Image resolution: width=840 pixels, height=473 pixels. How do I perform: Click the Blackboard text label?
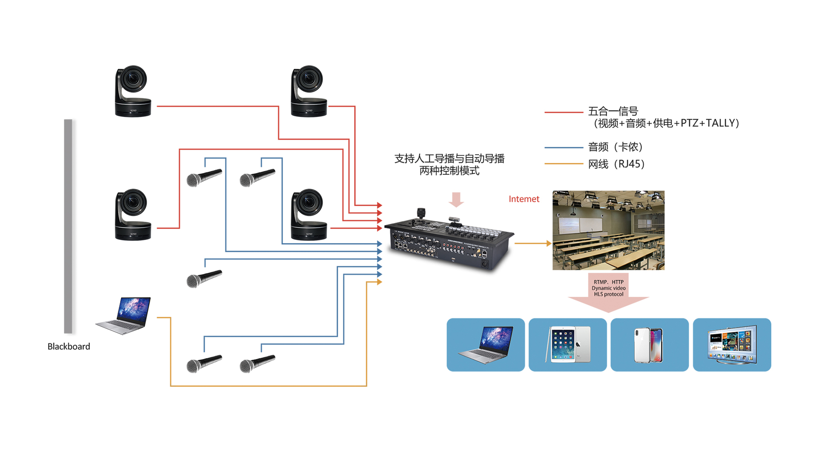(69, 346)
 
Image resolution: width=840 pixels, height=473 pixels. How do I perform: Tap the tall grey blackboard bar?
(68, 226)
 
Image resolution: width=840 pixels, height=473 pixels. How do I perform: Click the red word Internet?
(524, 199)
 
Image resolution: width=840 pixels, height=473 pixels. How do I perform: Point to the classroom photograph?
(608, 230)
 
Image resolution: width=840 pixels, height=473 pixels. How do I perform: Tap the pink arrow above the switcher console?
(456, 199)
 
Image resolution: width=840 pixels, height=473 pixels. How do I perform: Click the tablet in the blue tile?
(567, 345)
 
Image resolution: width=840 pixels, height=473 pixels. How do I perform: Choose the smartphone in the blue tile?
(649, 345)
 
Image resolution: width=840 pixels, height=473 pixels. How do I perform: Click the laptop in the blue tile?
(486, 345)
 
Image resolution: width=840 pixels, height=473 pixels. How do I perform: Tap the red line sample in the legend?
(563, 113)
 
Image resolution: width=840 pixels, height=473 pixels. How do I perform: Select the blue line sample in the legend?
(563, 148)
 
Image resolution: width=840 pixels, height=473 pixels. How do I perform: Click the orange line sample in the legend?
(563, 164)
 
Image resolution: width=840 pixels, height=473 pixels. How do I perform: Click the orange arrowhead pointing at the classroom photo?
(549, 243)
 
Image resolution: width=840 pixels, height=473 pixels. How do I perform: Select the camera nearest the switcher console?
(309, 215)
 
